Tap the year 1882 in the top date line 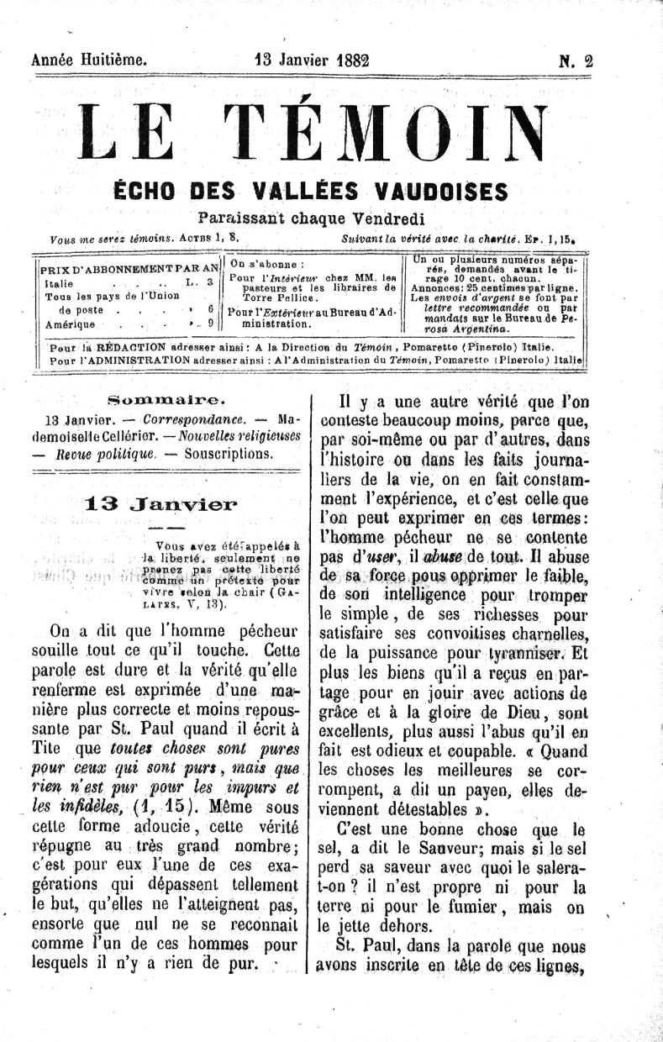coord(354,61)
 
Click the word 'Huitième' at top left coord(114,61)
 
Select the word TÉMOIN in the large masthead coord(390,134)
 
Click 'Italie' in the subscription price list coord(60,283)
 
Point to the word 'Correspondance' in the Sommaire coord(193,418)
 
